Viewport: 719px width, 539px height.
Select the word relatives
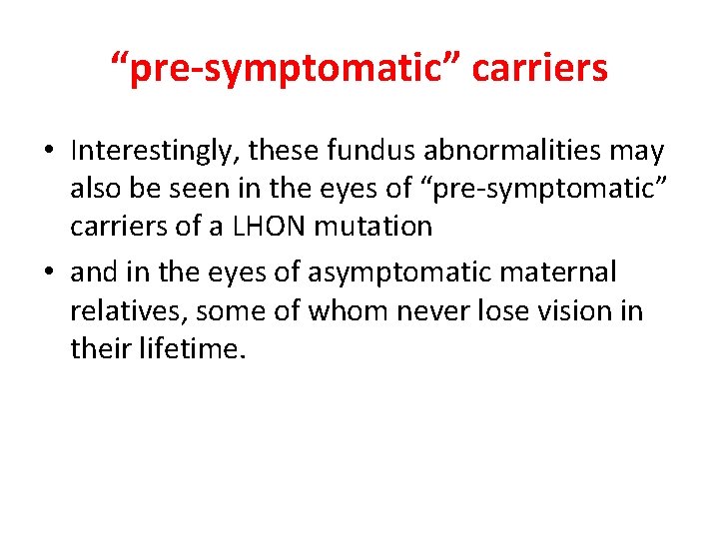pyautogui.click(x=127, y=310)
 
